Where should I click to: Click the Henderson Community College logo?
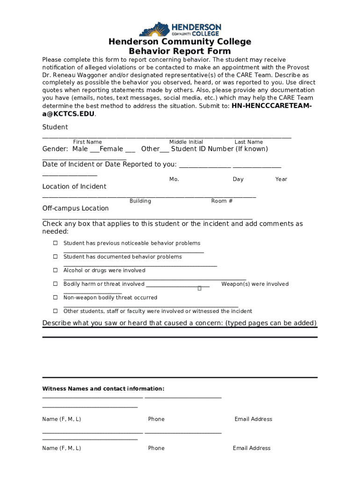tap(180, 29)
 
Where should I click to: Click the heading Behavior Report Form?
tap(180, 51)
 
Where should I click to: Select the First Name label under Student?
tap(87, 142)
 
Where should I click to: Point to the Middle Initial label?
tap(186, 142)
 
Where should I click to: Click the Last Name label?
tap(249, 142)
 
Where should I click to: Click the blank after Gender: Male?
tap(94, 150)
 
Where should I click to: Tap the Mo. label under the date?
tap(174, 180)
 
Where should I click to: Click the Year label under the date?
tap(281, 180)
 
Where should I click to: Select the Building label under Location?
tap(140, 201)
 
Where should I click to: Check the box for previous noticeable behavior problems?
tap(55, 243)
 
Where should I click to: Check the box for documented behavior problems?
tap(55, 257)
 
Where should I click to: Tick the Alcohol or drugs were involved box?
tap(55, 270)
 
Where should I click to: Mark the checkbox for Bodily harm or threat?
tap(55, 284)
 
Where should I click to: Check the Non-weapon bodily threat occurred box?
tap(55, 298)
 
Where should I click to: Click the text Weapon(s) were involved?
tap(255, 284)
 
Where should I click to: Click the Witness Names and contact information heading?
tap(103, 389)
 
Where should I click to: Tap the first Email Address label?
tap(253, 420)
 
